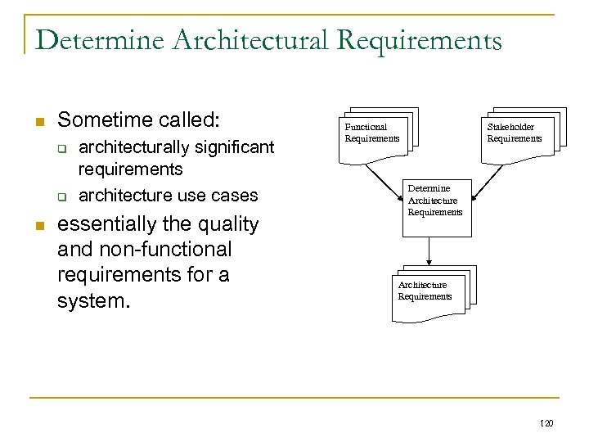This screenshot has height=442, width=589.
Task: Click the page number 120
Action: tap(547, 423)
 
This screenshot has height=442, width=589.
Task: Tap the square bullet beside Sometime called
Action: tap(38, 122)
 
